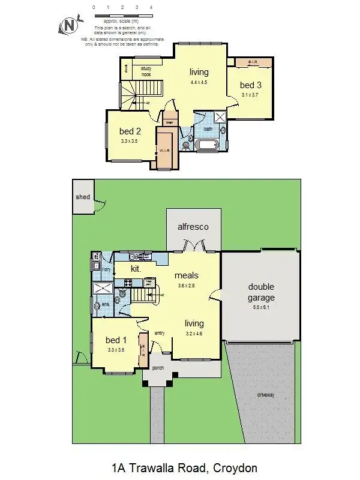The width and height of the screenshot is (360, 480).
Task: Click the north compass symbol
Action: (x=69, y=25)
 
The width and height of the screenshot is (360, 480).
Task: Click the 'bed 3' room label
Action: (x=251, y=85)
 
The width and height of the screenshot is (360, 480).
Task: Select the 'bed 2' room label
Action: (x=130, y=131)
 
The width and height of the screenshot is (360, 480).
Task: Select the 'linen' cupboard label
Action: (x=170, y=123)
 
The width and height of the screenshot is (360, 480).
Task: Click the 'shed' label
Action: (x=82, y=197)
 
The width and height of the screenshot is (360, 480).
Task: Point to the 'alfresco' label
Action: (x=193, y=227)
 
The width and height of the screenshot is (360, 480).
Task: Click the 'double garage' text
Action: (x=261, y=292)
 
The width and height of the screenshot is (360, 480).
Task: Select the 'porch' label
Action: (x=158, y=368)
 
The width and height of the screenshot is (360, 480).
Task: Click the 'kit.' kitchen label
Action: (x=136, y=269)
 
